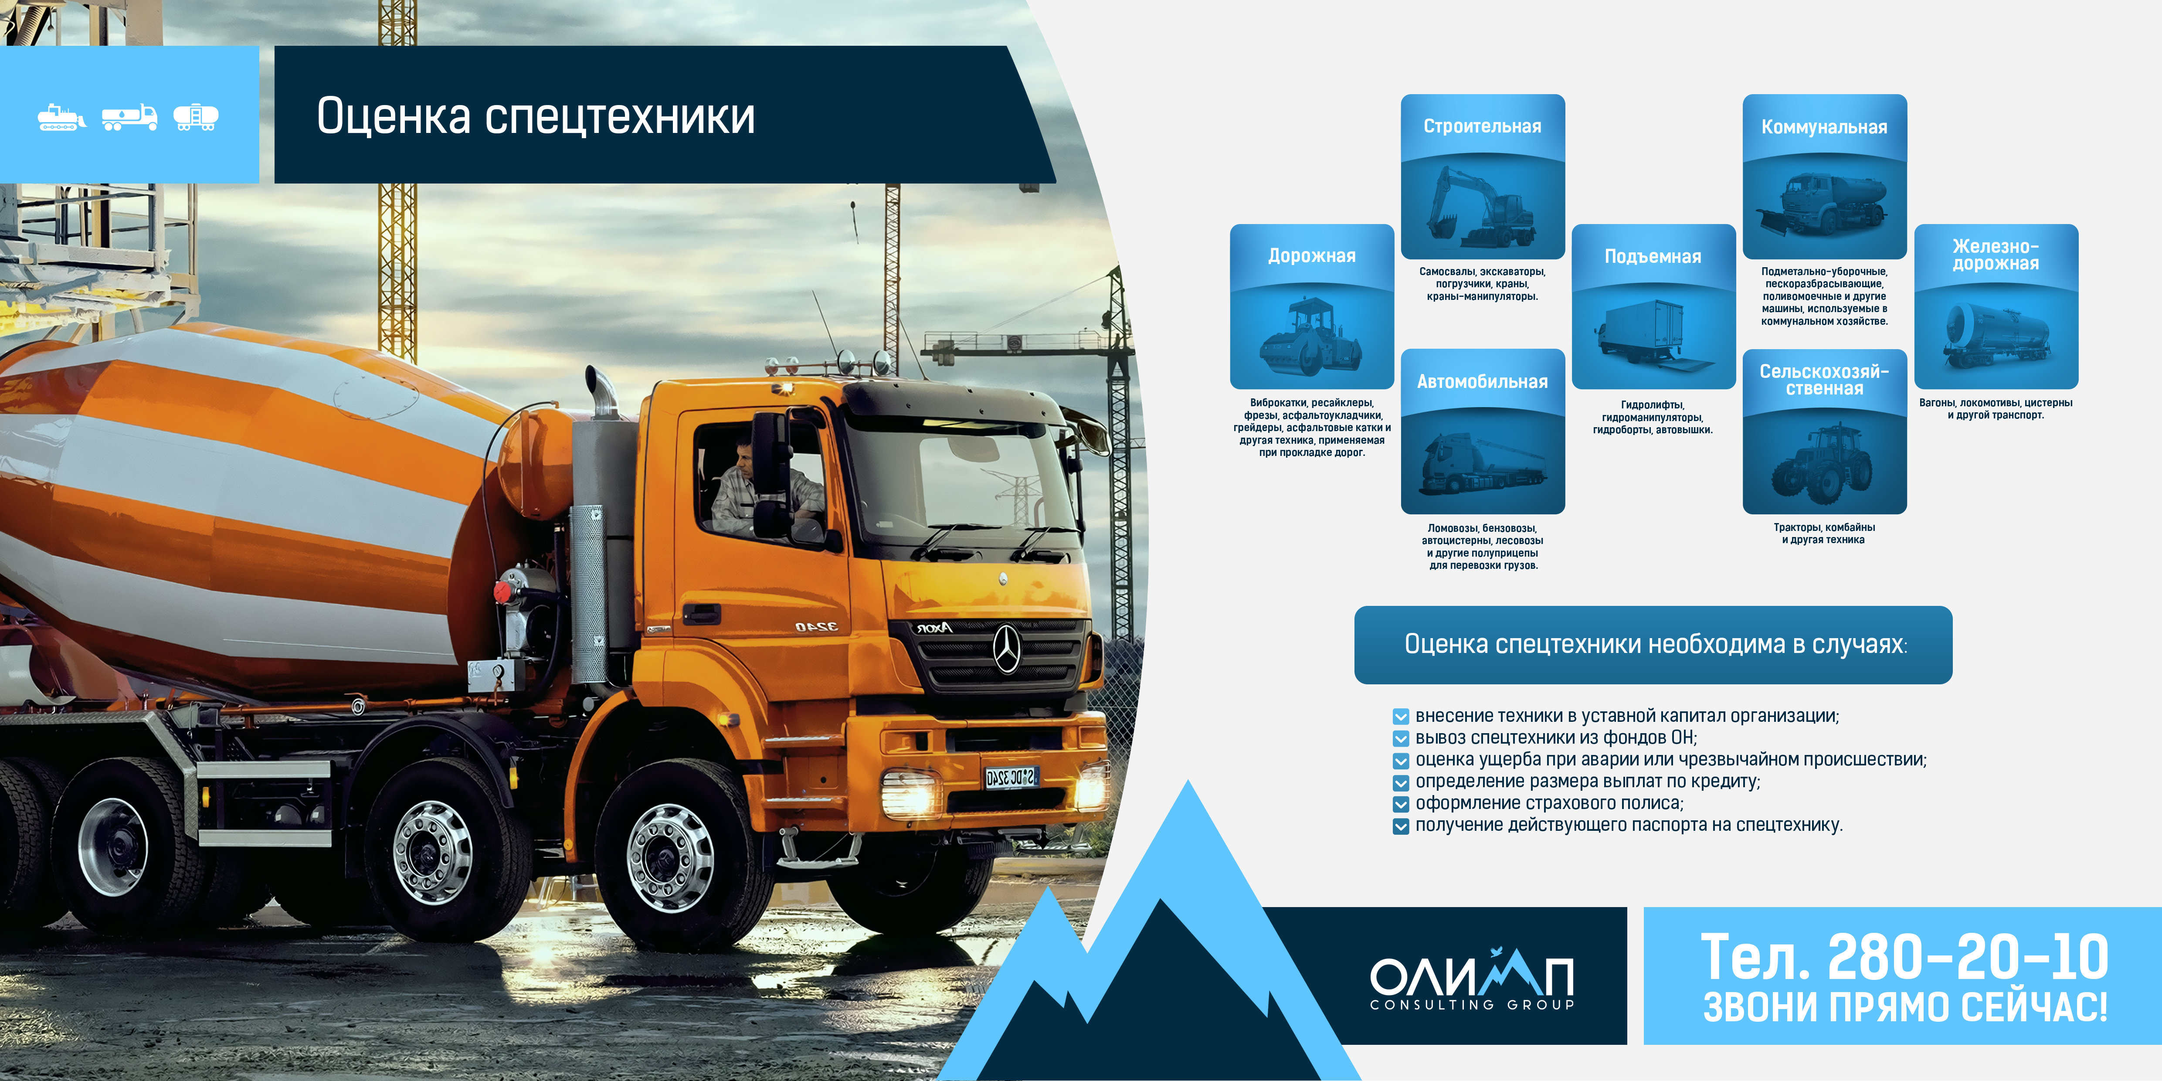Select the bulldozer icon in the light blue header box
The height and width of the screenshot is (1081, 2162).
61,118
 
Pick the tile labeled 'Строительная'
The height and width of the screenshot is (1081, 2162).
1482,176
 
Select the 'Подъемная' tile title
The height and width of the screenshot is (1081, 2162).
1653,257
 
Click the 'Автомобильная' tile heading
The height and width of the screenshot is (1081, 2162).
1482,382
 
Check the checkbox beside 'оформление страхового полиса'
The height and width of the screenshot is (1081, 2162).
1400,804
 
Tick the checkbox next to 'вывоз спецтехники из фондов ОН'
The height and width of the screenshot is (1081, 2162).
1400,738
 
